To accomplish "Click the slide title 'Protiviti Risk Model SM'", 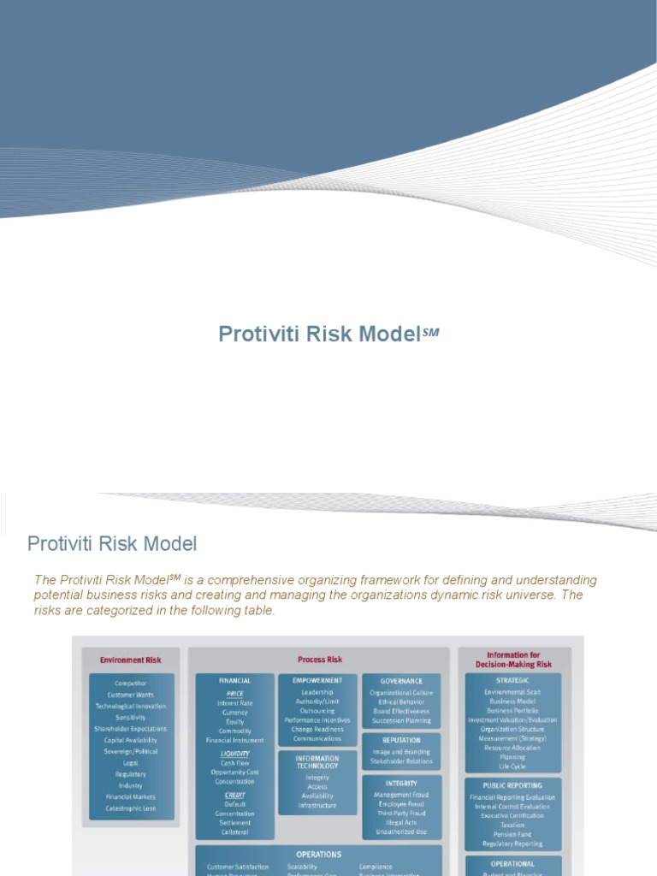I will pyautogui.click(x=328, y=334).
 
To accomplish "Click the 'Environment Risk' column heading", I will pyautogui.click(x=130, y=660).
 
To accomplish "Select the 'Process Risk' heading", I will pyautogui.click(x=319, y=660).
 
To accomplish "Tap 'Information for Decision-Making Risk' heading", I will pyautogui.click(x=513, y=660).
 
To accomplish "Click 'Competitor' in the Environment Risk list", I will pyautogui.click(x=130, y=684).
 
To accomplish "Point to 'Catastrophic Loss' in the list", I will pyautogui.click(x=130, y=808).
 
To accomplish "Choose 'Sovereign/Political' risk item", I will pyautogui.click(x=130, y=751).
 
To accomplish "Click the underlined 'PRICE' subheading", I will pyautogui.click(x=234, y=694).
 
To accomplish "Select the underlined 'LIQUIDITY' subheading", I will pyautogui.click(x=234, y=754).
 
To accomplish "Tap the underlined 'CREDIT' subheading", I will pyautogui.click(x=234, y=795).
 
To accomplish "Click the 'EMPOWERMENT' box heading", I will pyautogui.click(x=317, y=681).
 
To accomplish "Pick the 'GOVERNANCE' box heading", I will pyautogui.click(x=401, y=682).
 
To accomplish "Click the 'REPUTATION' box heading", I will pyautogui.click(x=401, y=741).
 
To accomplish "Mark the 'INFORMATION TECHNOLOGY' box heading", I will pyautogui.click(x=317, y=762).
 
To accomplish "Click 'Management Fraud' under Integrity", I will pyautogui.click(x=401, y=795).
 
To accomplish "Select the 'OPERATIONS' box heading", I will pyautogui.click(x=318, y=855).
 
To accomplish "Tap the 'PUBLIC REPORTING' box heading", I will pyautogui.click(x=513, y=785).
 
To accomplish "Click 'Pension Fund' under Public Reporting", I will pyautogui.click(x=513, y=834).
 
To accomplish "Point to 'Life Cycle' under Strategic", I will pyautogui.click(x=513, y=766).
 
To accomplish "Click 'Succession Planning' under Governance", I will pyautogui.click(x=401, y=721).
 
